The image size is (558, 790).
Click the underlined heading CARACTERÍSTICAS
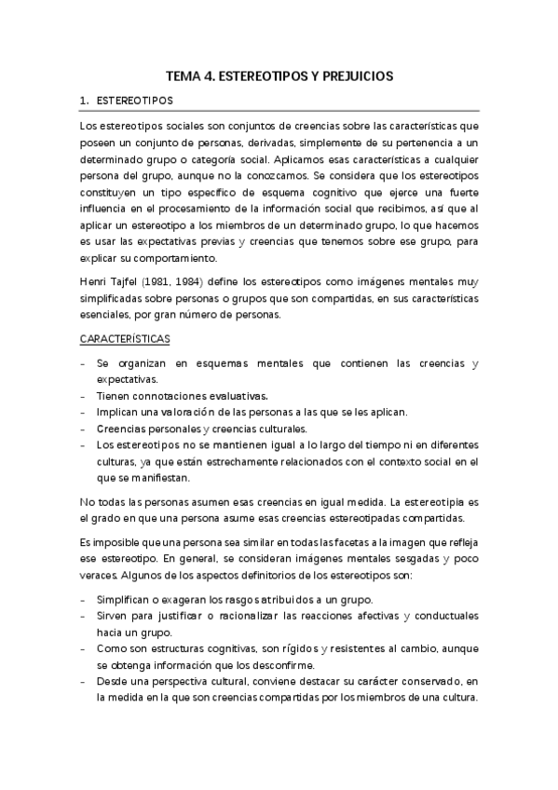coord(125,340)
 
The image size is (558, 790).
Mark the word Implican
coord(119,413)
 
